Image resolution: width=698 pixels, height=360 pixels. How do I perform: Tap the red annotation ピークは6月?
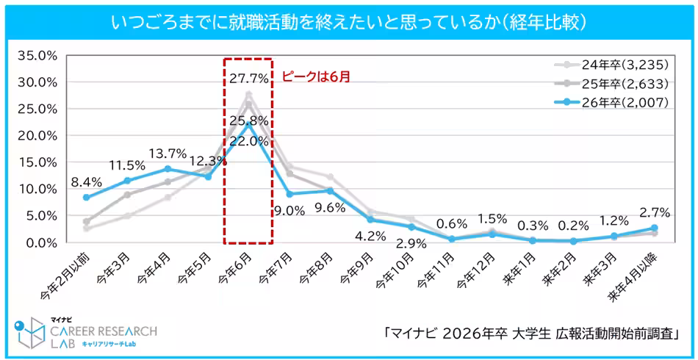tap(317, 74)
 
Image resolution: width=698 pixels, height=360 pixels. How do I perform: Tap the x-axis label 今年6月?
tap(237, 271)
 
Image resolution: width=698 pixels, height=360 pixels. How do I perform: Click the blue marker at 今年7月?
tap(289, 194)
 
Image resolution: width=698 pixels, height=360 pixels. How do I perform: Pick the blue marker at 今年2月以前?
tap(87, 198)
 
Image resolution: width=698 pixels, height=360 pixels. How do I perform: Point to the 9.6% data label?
tap(329, 207)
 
